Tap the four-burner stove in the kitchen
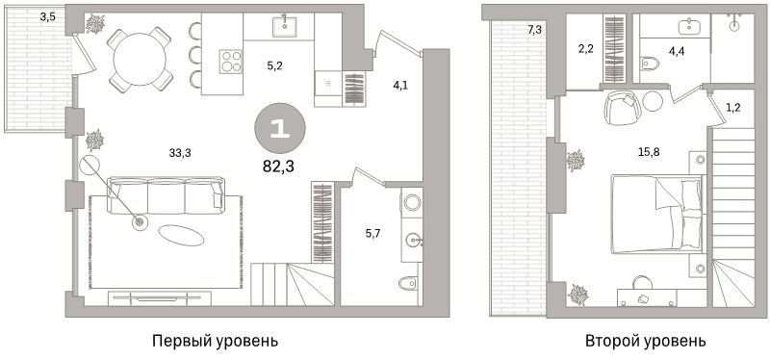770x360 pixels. coord(231,62)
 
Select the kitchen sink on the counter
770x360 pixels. coord(286,26)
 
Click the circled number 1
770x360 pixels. coord(279,129)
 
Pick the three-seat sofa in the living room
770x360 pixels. coord(165,194)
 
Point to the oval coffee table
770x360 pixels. coord(181,234)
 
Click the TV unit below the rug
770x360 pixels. coord(159,297)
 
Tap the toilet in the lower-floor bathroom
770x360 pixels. coord(408,283)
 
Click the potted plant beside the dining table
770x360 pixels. coord(95,24)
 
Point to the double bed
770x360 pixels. coord(655,214)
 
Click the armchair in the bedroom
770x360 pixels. coord(621,107)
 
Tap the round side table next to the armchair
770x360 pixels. coord(654,101)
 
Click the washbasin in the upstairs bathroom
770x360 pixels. coord(691,27)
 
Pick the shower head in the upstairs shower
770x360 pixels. coord(734,23)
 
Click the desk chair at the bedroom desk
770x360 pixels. coord(641,282)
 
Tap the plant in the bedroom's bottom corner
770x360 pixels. coord(578,294)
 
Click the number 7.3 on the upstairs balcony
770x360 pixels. coord(535,31)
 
